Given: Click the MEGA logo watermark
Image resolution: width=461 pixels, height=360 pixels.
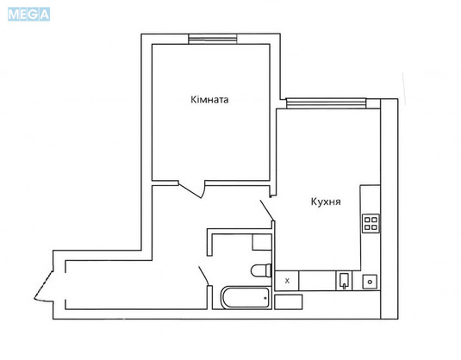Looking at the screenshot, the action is pyautogui.click(x=28, y=15).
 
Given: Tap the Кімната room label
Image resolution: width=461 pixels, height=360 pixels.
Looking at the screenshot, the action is pyautogui.click(x=209, y=100).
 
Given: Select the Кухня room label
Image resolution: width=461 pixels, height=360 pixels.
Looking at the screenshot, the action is pyautogui.click(x=326, y=202).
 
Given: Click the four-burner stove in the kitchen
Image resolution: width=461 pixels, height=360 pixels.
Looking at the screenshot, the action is pyautogui.click(x=371, y=223).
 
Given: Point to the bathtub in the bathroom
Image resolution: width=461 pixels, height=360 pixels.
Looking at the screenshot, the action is pyautogui.click(x=246, y=298).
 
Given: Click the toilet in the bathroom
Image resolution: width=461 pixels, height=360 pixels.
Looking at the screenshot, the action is pyautogui.click(x=261, y=270).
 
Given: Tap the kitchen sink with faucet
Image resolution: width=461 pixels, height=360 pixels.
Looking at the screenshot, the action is pyautogui.click(x=345, y=281).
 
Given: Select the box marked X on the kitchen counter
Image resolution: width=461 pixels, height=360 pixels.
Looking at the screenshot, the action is pyautogui.click(x=287, y=281).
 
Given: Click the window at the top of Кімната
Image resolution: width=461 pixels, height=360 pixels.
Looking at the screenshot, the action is pyautogui.click(x=213, y=39).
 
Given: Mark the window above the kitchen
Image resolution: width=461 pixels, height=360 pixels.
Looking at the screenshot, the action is pyautogui.click(x=327, y=103).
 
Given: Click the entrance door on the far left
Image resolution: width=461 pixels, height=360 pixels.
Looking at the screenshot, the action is pyautogui.click(x=43, y=287).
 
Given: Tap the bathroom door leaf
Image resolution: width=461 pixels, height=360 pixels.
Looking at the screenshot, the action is pyautogui.click(x=203, y=276).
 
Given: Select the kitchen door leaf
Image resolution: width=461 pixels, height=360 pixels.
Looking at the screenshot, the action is pyautogui.click(x=267, y=210).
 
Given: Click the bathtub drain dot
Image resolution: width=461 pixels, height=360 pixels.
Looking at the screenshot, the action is pyautogui.click(x=265, y=298).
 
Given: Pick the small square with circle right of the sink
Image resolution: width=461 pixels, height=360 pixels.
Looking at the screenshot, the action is pyautogui.click(x=370, y=282).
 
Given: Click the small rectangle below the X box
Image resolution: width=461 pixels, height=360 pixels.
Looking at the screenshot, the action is pyautogui.click(x=289, y=302).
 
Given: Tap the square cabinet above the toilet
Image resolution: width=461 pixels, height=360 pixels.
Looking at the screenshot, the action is pyautogui.click(x=262, y=242).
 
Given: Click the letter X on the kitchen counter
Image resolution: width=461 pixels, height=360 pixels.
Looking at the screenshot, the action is pyautogui.click(x=287, y=281).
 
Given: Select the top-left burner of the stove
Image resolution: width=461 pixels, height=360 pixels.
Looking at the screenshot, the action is pyautogui.click(x=367, y=220).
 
